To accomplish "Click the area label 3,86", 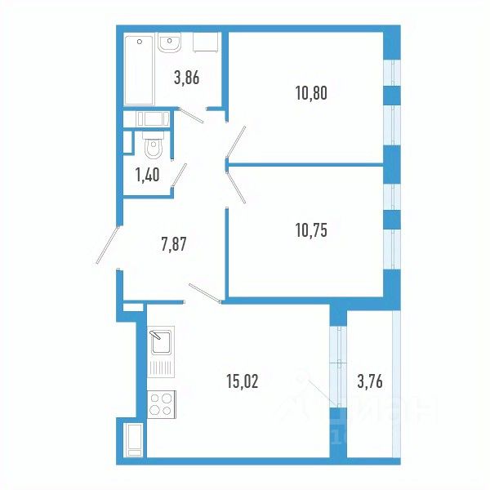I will point(186,78).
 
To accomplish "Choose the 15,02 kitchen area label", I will point(241,380).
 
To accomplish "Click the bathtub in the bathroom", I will point(139,69).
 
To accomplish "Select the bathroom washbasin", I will point(170,42).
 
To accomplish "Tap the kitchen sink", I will point(159,339).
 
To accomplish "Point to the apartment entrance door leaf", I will point(107,244).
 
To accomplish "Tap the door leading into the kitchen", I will point(204,293).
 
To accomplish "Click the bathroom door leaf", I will point(191,116).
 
